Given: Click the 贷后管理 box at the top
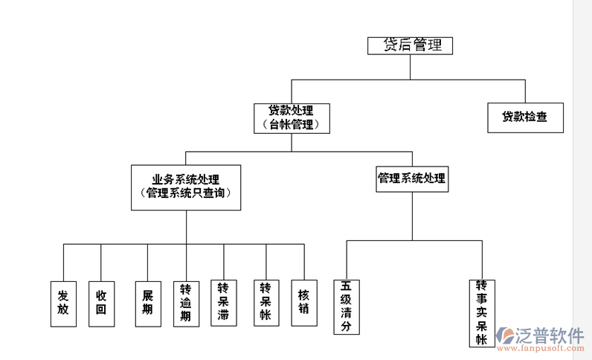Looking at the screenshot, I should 411,45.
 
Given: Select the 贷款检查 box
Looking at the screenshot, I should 525,118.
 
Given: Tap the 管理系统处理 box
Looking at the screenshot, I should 412,179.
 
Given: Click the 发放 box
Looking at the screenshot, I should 63,303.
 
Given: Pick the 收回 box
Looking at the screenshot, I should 101,303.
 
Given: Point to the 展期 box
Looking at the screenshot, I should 147,303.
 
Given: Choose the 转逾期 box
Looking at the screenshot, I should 186,303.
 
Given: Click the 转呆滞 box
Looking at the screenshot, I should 223,303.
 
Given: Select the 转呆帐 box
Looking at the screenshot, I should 266,303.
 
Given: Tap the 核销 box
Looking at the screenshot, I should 303,303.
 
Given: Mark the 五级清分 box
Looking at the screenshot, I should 347,306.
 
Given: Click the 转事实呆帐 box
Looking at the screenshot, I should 482,313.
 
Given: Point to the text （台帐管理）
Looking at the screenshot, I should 291,125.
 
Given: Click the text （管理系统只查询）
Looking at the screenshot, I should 186,193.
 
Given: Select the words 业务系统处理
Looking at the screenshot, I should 186,179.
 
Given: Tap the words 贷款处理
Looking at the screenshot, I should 291,112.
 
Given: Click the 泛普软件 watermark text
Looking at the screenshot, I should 550,335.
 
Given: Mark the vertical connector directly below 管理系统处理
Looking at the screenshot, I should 412,216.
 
